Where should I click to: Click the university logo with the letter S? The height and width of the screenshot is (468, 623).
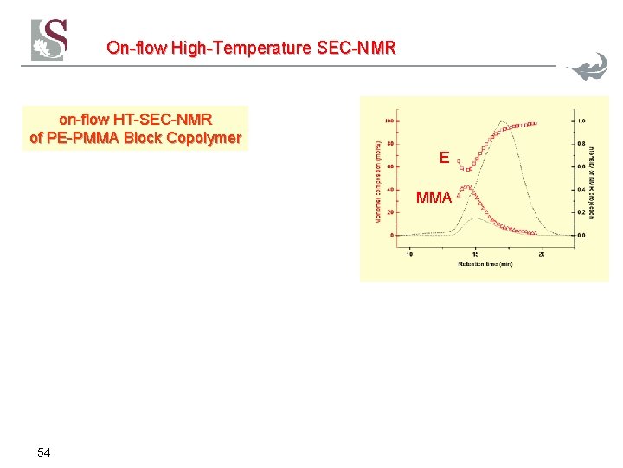[x=49, y=39]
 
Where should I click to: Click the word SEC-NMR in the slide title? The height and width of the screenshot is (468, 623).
[x=356, y=48]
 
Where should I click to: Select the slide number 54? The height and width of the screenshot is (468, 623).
[x=44, y=452]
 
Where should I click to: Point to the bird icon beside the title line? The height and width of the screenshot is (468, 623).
[x=588, y=68]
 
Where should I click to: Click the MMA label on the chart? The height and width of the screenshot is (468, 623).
[x=434, y=198]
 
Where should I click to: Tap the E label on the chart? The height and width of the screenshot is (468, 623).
[x=444, y=158]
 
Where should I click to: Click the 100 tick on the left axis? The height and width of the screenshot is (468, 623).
[x=389, y=120]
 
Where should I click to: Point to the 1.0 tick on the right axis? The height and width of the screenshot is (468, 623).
[x=583, y=120]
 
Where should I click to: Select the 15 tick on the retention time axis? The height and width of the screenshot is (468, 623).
[x=475, y=254]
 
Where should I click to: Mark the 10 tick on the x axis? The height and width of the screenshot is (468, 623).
[x=409, y=254]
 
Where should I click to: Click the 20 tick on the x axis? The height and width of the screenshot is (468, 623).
[x=542, y=254]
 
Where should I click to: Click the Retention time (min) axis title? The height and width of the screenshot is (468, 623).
[x=475, y=265]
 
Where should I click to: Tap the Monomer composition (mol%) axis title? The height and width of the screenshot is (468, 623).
[x=378, y=182]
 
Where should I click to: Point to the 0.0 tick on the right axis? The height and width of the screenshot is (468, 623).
[x=583, y=235]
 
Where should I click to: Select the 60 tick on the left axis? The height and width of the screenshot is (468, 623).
[x=391, y=166]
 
